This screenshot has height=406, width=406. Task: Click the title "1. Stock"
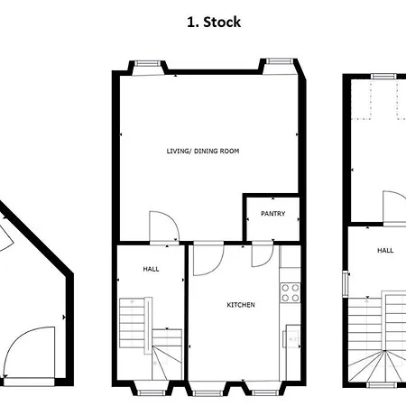214,23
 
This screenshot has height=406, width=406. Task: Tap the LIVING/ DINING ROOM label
203,151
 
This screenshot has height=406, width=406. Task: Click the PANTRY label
272,214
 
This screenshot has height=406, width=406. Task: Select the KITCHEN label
241,305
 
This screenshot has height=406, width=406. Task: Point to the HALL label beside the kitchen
151,269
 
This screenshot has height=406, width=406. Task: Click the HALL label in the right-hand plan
385,250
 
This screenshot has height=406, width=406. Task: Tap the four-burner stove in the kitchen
291,292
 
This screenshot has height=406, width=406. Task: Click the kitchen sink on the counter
291,339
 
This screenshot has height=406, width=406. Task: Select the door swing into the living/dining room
164,226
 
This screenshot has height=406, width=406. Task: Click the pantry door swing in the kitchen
263,255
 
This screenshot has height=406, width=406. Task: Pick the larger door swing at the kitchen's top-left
208,260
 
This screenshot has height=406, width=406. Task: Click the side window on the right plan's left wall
346,284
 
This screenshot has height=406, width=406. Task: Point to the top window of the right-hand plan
383,76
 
